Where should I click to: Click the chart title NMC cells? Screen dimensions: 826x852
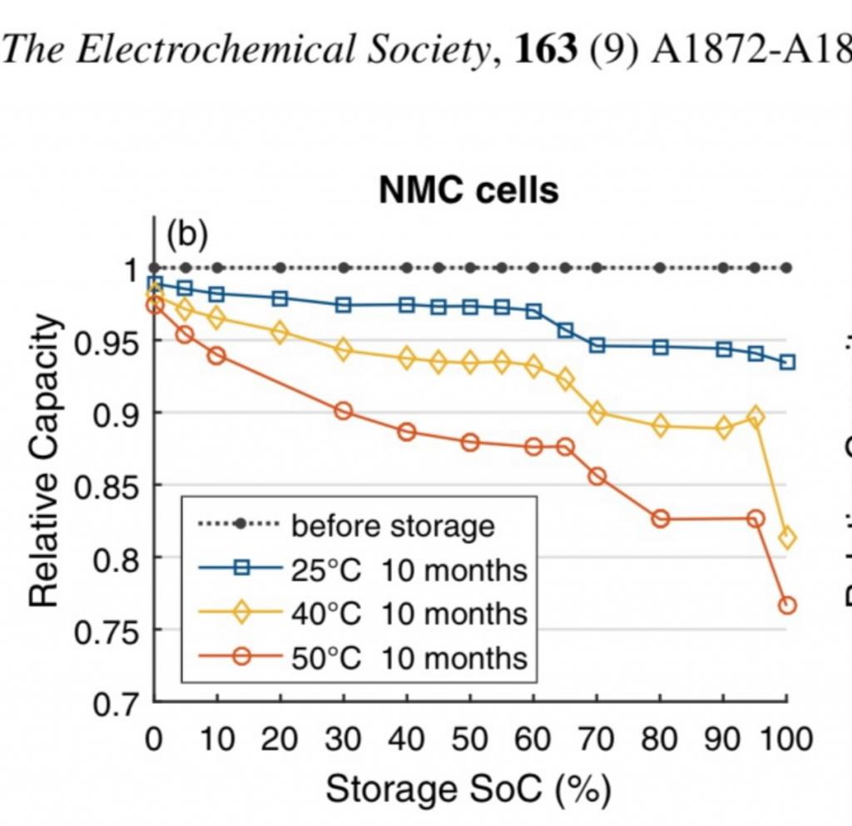pos(468,191)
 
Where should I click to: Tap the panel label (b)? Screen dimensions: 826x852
pos(186,235)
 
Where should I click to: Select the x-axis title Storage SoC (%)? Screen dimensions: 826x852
pos(468,789)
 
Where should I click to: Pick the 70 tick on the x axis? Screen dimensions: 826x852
pos(596,739)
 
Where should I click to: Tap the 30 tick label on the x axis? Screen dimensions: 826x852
pos(343,739)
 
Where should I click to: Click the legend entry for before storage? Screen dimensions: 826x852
pos(392,526)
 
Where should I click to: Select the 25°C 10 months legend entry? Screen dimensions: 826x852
pos(409,571)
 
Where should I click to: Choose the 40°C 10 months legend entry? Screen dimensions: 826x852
pos(409,614)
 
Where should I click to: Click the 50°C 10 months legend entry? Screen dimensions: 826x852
pos(409,658)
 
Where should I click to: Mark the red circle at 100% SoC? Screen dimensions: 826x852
pos(787,605)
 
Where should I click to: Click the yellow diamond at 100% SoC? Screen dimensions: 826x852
pos(787,538)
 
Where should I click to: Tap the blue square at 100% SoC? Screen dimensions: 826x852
pos(787,362)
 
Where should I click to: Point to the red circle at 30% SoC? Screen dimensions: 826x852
pos(343,411)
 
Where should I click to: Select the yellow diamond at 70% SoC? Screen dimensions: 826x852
pos(597,412)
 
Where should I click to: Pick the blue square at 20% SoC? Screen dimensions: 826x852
pos(280,298)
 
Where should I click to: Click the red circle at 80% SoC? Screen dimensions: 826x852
pos(660,519)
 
